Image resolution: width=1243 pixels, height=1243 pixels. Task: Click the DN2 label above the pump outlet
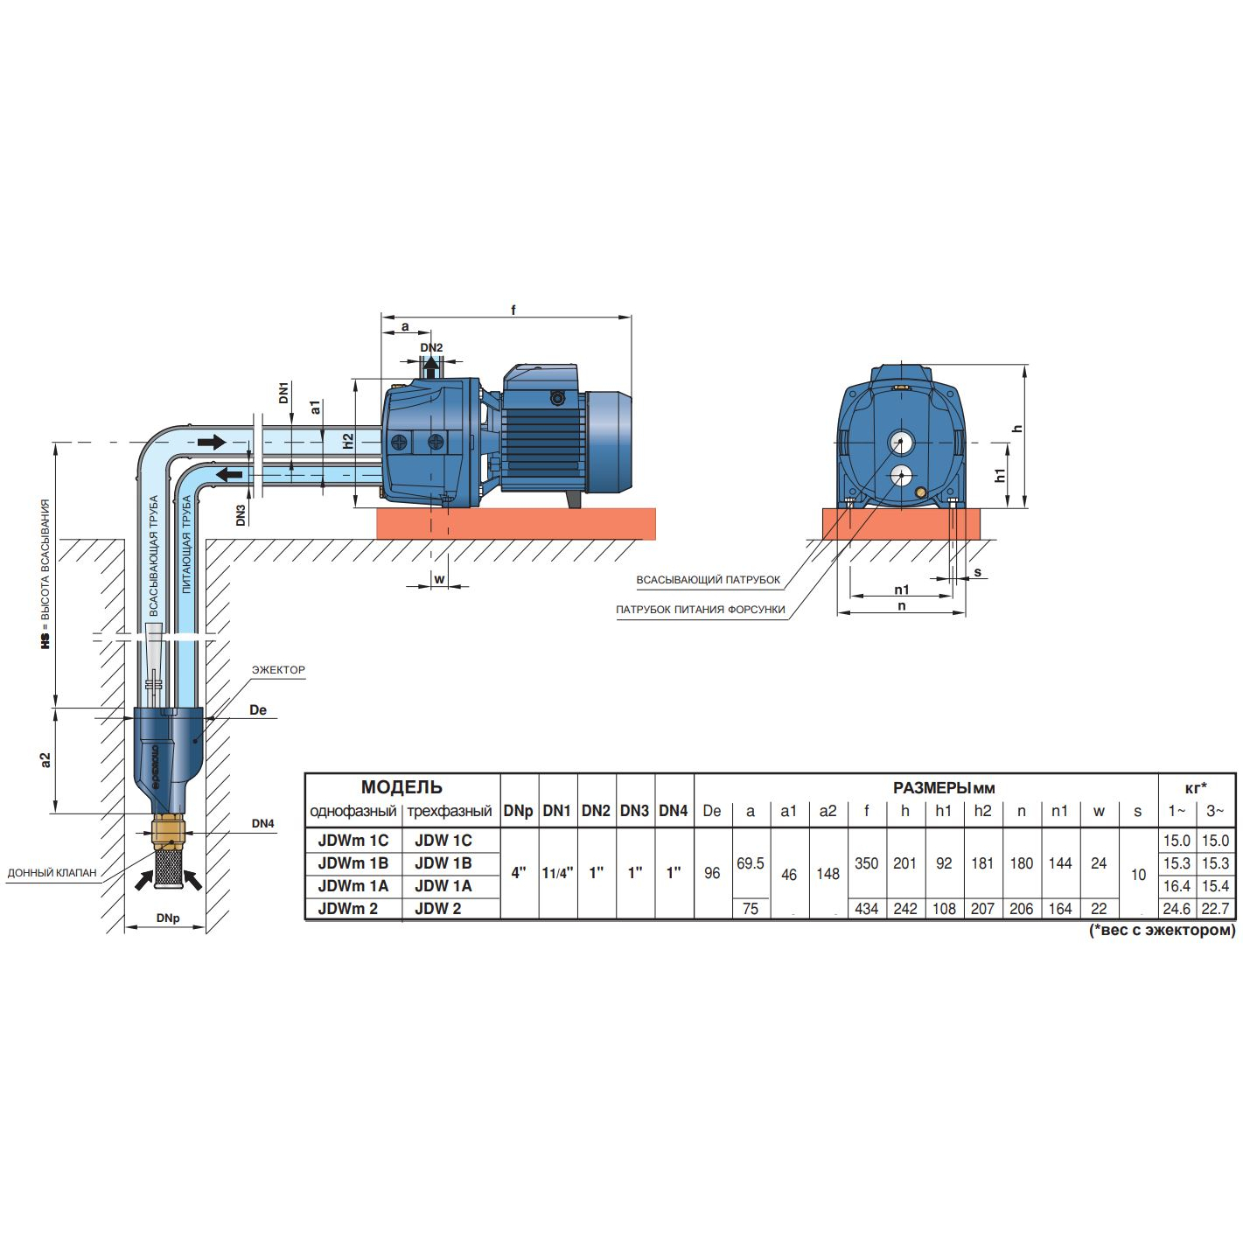(431, 347)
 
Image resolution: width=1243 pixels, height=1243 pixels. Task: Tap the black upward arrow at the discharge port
(431, 367)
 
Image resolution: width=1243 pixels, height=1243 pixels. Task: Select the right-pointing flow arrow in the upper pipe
(212, 442)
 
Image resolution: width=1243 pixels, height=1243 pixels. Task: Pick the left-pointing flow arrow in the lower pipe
(229, 475)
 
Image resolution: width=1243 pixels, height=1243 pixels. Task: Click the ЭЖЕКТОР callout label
(278, 670)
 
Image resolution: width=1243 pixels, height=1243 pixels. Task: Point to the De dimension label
(258, 709)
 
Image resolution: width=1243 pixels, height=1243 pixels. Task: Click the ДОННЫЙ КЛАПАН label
(52, 873)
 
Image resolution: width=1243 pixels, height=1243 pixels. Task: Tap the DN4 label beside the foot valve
(263, 824)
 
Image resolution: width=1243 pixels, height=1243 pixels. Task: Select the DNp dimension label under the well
(168, 918)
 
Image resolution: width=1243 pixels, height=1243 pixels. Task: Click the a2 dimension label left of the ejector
(45, 760)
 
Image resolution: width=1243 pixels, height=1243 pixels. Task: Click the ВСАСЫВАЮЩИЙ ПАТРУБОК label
(709, 580)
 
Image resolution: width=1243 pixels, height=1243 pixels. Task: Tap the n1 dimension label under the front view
(902, 589)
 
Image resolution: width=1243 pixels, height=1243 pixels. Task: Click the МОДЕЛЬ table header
(402, 787)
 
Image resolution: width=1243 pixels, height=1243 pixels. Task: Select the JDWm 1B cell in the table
(353, 863)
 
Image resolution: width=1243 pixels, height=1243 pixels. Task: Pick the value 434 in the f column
(866, 909)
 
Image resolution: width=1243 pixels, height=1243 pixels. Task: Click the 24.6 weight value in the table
(1177, 909)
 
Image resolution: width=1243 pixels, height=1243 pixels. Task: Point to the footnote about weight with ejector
(1163, 930)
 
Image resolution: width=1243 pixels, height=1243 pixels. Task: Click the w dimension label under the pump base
(439, 578)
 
